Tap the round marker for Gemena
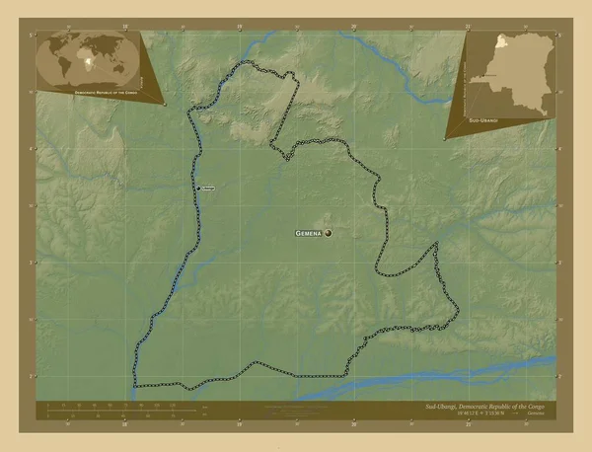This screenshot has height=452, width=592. point(329,234)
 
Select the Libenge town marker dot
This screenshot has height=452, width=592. point(198,188)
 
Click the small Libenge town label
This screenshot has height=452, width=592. point(209,188)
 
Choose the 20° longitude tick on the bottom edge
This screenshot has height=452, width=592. point(353,425)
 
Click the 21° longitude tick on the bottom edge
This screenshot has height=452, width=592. point(468,425)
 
